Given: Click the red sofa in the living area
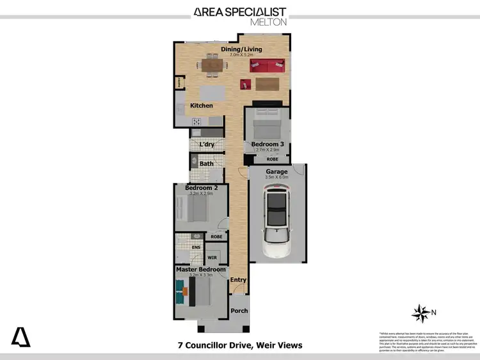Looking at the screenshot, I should tap(268, 64).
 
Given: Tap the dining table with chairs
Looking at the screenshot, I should tap(211, 64).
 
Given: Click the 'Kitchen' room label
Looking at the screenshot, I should tap(202, 106).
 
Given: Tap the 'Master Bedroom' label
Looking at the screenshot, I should tap(201, 269).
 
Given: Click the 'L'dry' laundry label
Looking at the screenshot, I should tap(206, 145).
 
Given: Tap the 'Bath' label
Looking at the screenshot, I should tap(206, 164).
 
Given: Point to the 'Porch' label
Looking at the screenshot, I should tap(239, 311).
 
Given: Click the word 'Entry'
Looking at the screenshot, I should tap(238, 279).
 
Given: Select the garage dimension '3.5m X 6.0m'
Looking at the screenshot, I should tap(277, 178).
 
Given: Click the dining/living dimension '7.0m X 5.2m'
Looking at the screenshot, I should tap(241, 55).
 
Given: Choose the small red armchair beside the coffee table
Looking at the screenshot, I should tap(245, 82).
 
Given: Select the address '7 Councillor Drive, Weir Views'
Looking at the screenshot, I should tap(240, 346).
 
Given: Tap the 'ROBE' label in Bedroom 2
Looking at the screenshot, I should tap(216, 236).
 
